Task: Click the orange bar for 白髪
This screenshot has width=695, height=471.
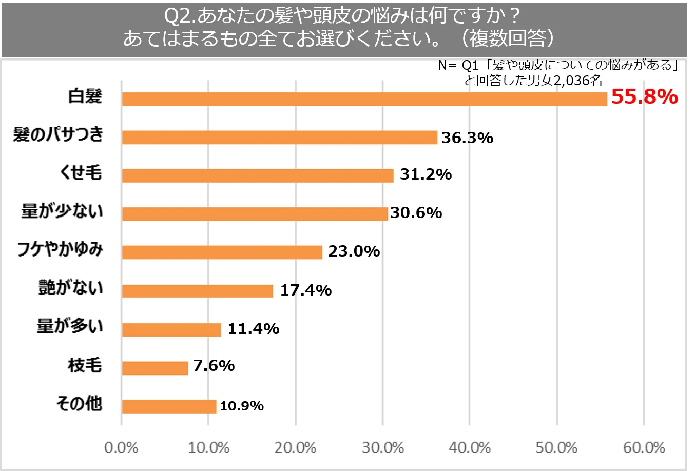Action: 364,99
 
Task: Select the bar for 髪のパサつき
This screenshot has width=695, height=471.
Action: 279,138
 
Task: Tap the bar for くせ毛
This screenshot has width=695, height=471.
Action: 258,175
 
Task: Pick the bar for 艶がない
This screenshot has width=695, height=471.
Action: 198,291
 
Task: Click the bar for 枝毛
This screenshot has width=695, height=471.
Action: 155,368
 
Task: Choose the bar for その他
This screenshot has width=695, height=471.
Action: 169,406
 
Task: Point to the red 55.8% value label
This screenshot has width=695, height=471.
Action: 644,96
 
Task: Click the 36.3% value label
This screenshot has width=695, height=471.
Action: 467,138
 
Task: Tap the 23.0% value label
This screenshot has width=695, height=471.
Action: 354,251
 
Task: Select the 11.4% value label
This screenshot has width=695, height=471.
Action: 253,328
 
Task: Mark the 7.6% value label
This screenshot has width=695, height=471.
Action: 214,366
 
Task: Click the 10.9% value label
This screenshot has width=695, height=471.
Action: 241,406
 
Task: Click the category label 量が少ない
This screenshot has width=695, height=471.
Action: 62,211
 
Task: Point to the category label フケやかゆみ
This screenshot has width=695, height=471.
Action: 60,249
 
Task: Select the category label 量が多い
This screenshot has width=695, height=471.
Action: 70,326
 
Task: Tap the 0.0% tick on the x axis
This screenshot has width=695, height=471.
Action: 121,447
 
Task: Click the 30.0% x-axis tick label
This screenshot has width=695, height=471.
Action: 382,447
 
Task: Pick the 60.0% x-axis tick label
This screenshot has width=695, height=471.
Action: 644,447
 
